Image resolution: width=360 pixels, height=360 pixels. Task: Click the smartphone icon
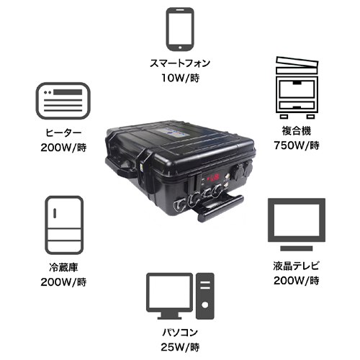(x=180, y=30)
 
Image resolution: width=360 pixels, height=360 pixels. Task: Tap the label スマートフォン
(x=180, y=63)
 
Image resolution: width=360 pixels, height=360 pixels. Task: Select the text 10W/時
(x=180, y=78)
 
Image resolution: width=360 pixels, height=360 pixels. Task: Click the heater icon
(x=63, y=101)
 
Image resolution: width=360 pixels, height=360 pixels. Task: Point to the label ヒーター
(x=63, y=132)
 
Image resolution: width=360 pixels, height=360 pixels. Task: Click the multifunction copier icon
(x=297, y=88)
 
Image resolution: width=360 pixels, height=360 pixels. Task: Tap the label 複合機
(x=297, y=131)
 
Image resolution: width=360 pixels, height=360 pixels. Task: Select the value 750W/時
(x=297, y=145)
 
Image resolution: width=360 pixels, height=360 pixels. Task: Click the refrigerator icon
(x=64, y=225)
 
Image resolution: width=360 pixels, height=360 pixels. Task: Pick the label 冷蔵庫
(x=63, y=267)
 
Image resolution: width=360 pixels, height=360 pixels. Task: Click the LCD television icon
(x=297, y=225)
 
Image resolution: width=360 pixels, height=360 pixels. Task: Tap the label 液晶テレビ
(x=297, y=266)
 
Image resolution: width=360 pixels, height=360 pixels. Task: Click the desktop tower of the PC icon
(x=205, y=296)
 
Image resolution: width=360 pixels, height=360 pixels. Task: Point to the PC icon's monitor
(x=169, y=296)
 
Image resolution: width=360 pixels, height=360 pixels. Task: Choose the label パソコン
(x=180, y=333)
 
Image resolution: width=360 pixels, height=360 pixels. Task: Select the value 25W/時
(x=180, y=347)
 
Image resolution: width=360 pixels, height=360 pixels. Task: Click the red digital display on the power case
(x=213, y=178)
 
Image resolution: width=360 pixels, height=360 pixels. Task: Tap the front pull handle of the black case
(x=220, y=208)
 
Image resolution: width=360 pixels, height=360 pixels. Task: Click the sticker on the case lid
(x=175, y=132)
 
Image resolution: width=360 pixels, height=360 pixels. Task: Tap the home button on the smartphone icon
(x=180, y=48)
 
